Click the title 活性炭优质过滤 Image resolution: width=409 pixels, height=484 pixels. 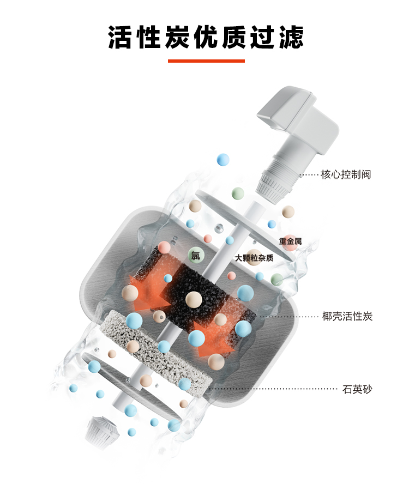tap(206, 38)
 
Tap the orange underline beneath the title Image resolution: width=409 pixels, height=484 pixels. tap(206, 61)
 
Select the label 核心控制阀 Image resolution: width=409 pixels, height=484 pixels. tap(346, 174)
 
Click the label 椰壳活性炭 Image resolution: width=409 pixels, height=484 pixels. tap(347, 316)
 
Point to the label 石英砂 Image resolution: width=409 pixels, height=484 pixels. tap(357, 389)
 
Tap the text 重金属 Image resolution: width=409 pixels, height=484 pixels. tap(290, 241)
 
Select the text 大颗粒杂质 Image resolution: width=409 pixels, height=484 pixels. tap(254, 258)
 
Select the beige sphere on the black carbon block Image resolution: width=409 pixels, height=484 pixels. tap(194, 299)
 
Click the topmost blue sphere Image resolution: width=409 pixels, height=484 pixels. tap(223, 160)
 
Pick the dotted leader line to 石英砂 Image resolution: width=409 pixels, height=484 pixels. tap(273, 389)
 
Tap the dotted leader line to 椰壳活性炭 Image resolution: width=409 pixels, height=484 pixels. tap(289, 317)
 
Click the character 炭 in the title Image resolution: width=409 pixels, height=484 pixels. tap(177, 38)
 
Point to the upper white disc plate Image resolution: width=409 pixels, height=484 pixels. tap(244, 225)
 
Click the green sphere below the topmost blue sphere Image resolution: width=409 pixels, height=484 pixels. tap(238, 193)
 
